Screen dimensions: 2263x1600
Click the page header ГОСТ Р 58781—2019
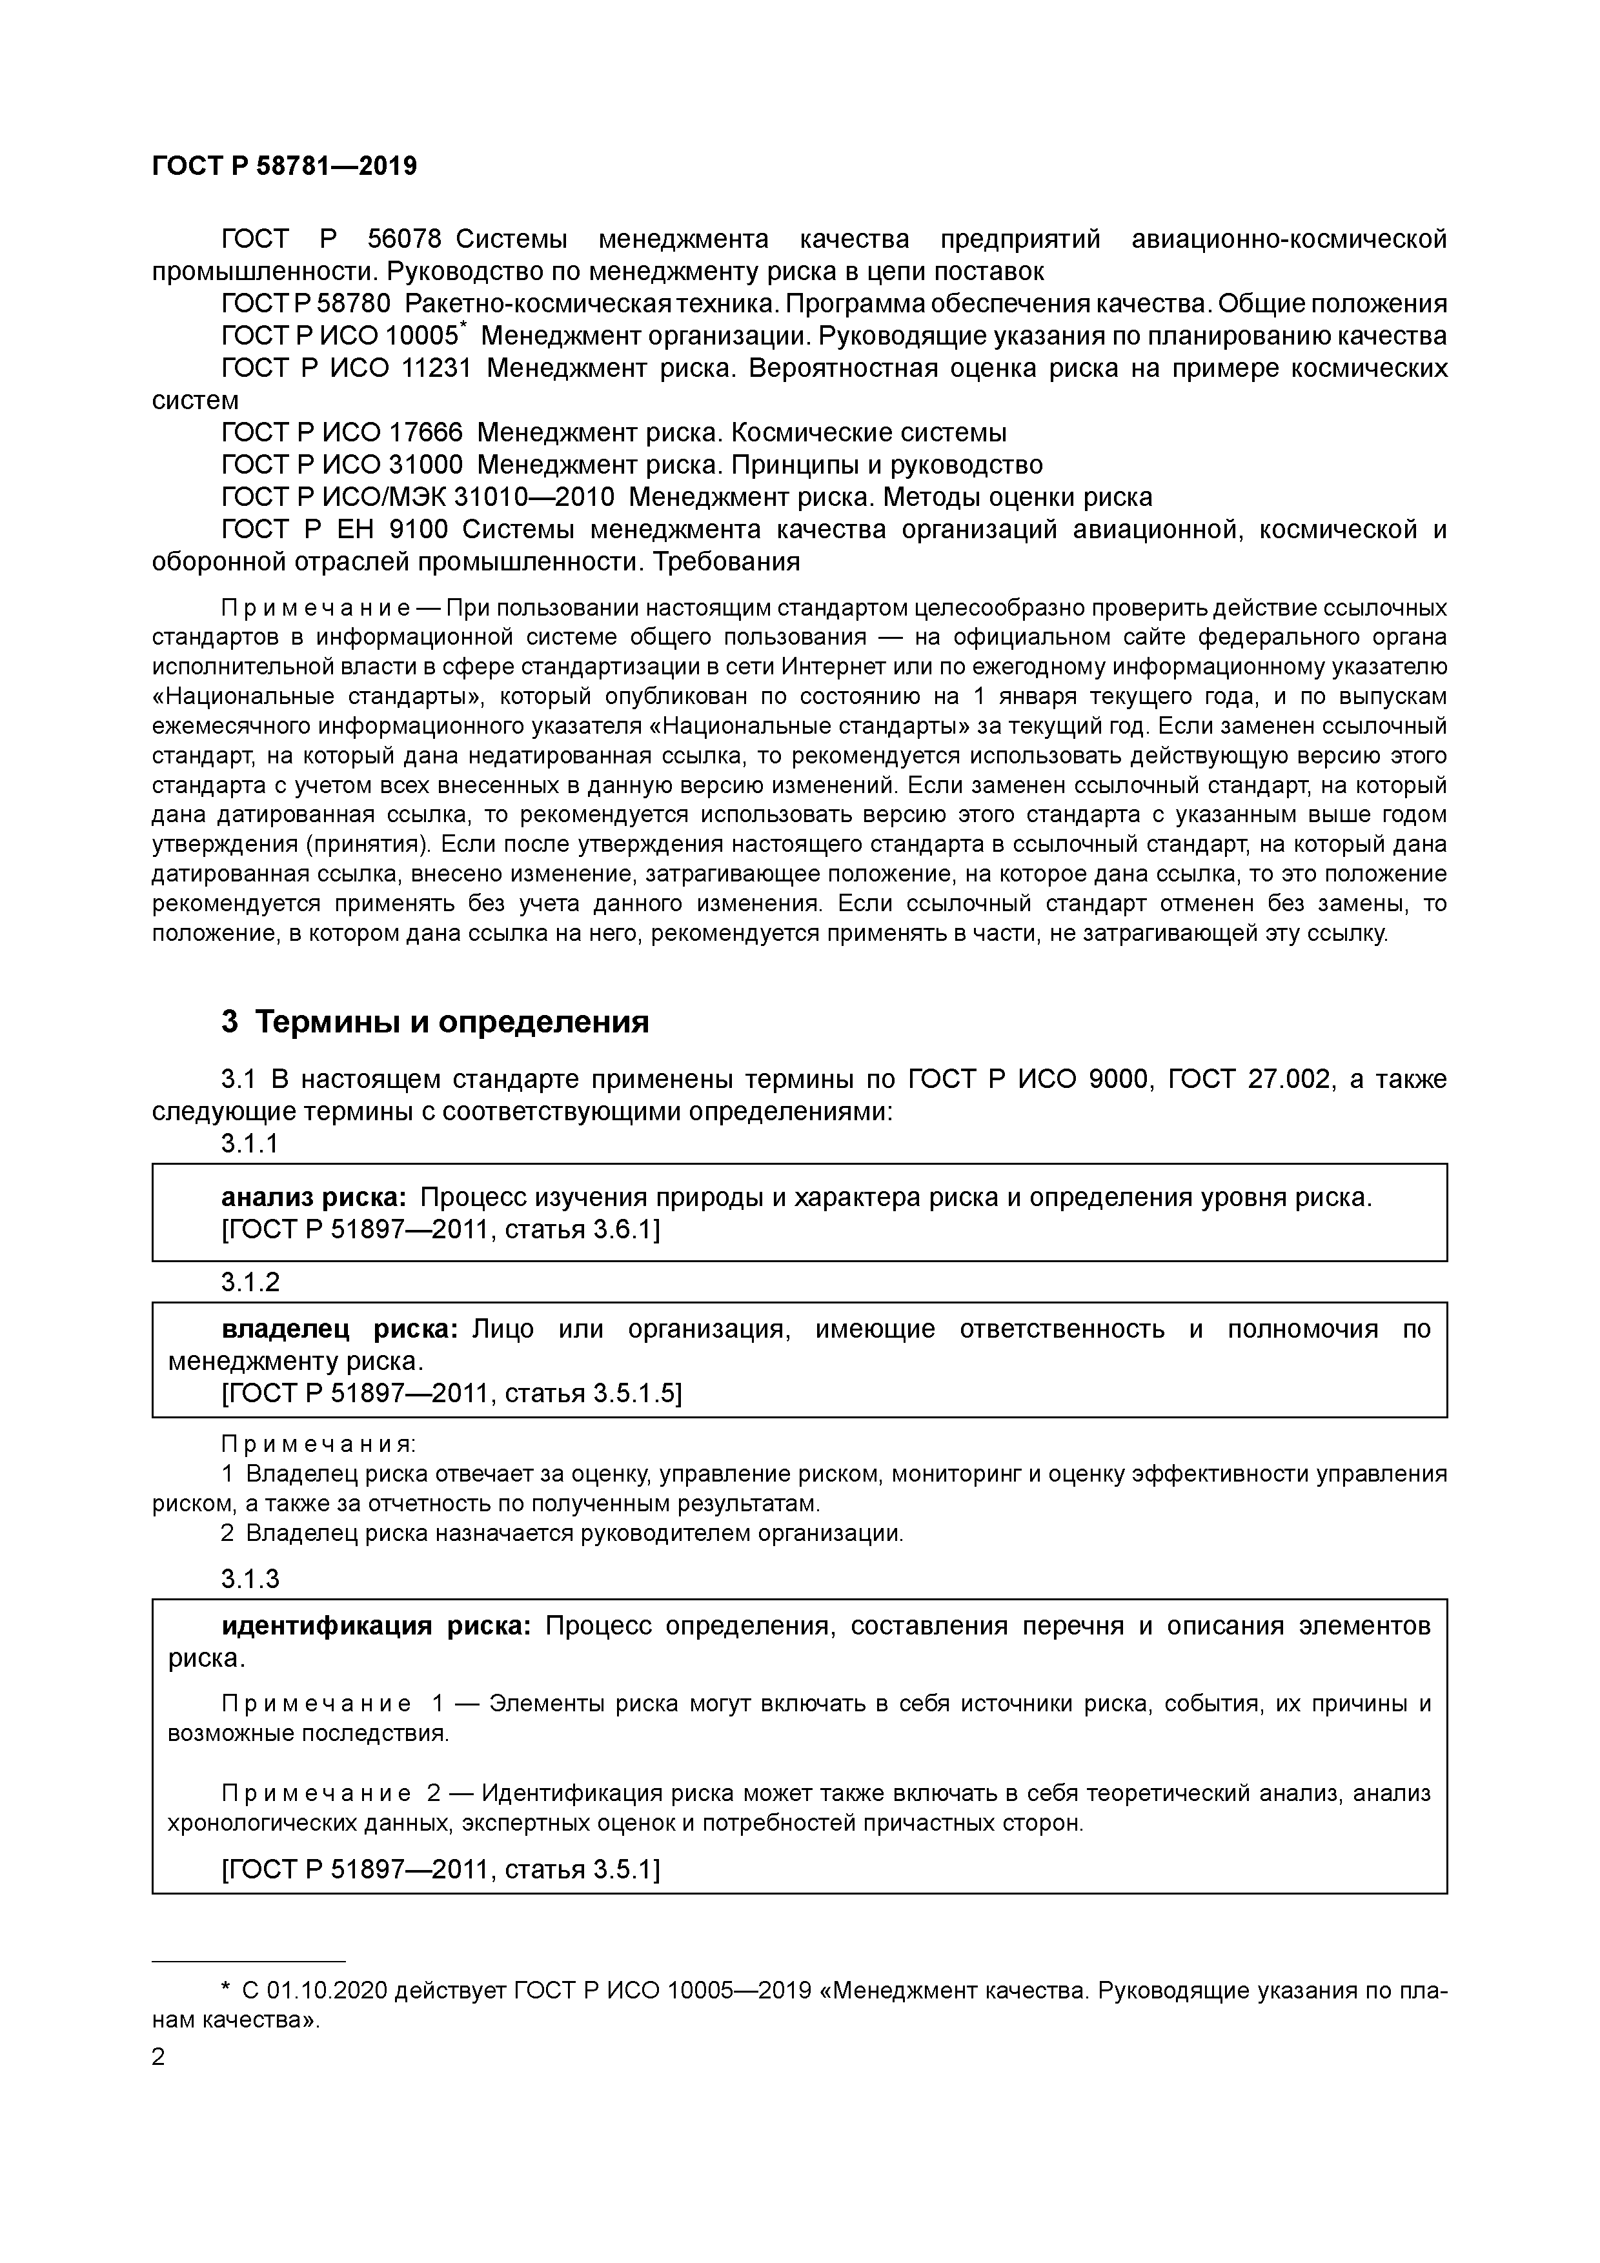pyautogui.click(x=284, y=166)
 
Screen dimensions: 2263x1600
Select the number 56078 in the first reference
pyautogui.click(x=403, y=239)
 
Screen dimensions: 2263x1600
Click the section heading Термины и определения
pyautogui.click(x=452, y=1022)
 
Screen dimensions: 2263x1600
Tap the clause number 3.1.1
pyautogui.click(x=250, y=1143)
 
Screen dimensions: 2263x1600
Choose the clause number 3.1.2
pyautogui.click(x=250, y=1282)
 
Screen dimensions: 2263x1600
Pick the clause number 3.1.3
pyautogui.click(x=250, y=1579)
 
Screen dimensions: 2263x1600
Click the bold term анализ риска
pyautogui.click(x=314, y=1198)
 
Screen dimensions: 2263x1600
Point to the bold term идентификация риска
pyautogui.click(x=376, y=1626)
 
